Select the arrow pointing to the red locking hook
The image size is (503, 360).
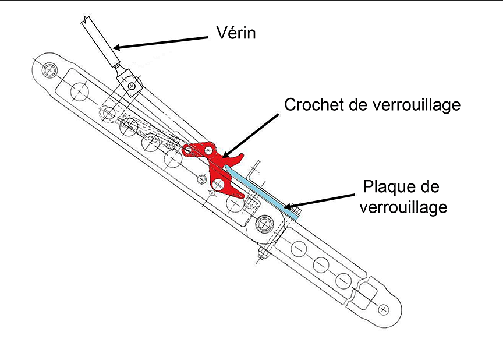click(250, 135)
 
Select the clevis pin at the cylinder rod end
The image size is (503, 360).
click(133, 86)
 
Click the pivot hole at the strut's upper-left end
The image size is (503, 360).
click(49, 69)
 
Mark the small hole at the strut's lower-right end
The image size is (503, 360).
click(382, 309)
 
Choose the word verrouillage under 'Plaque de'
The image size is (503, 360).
click(403, 207)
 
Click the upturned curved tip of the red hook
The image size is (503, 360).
click(239, 156)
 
